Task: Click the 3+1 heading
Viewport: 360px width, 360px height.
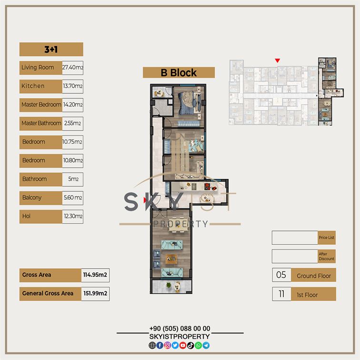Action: tap(51, 50)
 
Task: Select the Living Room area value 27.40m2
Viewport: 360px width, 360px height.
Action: tap(72, 68)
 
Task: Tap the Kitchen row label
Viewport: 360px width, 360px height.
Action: tap(33, 86)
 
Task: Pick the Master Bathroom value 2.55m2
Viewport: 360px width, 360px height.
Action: tap(72, 123)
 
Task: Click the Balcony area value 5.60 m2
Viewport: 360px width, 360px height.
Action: tap(72, 198)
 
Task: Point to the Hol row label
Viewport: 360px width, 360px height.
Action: tap(26, 216)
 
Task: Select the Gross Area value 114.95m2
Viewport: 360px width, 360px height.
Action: tap(95, 275)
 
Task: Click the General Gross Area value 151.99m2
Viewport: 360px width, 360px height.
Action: tap(95, 293)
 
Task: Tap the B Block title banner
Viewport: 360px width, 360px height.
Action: tap(179, 72)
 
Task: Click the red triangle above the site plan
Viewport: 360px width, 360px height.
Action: tap(277, 60)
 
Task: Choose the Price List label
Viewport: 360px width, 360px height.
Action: tap(327, 238)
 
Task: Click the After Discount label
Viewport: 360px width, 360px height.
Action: tap(327, 256)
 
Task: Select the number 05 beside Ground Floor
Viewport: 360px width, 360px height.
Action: tap(281, 275)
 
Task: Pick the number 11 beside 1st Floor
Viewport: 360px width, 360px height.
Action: tap(281, 294)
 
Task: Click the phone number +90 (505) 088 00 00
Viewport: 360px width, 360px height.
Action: tap(180, 329)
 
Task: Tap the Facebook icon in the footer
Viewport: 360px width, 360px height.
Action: tap(160, 345)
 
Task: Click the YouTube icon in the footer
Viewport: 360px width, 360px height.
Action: tap(183, 345)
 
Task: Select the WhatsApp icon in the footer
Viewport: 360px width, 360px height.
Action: tap(198, 345)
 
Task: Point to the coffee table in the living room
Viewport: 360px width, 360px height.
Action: tap(171, 259)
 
